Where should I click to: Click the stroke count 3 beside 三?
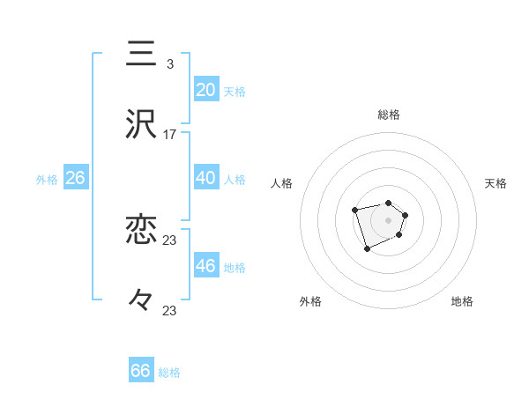pos(169,64)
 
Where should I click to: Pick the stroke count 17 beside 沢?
pos(170,135)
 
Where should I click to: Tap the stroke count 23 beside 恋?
pos(170,240)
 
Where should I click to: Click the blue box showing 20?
pos(206,90)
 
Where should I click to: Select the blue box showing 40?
pos(206,178)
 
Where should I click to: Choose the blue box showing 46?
pos(206,266)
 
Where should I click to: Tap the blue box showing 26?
pos(75,178)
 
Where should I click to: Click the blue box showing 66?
pos(140,371)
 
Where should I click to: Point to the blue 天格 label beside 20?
pos(235,92)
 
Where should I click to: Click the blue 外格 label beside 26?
pos(47,180)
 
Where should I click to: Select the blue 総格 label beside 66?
pos(169,373)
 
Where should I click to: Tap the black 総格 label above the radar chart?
pos(389,115)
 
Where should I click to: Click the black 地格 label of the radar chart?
pos(462,301)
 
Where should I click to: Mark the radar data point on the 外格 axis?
pos(367,250)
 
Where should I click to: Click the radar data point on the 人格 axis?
pos(354,210)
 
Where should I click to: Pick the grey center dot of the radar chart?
pos(389,219)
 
